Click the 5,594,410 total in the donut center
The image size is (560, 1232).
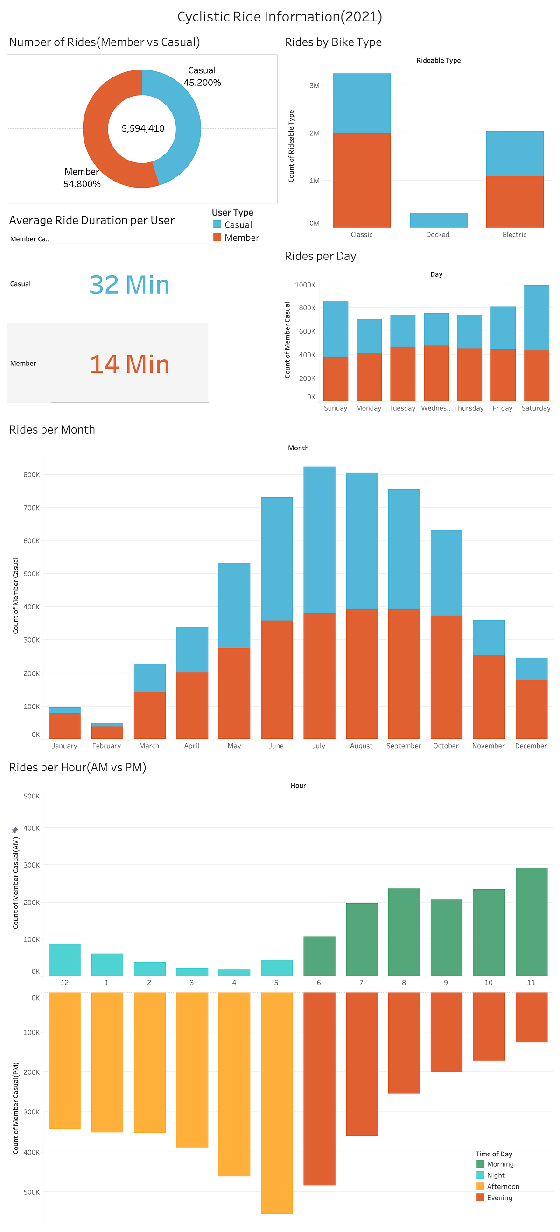[x=142, y=129]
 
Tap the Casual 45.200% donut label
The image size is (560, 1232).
[x=202, y=77]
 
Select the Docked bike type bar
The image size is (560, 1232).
[x=438, y=220]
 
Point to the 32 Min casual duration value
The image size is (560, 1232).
[x=129, y=285]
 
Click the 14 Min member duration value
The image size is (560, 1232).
[x=129, y=364]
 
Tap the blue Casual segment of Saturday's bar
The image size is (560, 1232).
[x=536, y=318]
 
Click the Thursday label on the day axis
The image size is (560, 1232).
[x=469, y=408]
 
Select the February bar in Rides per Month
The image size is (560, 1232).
[x=107, y=731]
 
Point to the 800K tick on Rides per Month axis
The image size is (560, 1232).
[x=32, y=475]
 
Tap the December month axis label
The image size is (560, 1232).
[x=530, y=746]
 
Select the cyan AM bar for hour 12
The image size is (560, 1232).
[x=64, y=959]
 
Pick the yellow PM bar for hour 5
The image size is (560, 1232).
[x=276, y=1102]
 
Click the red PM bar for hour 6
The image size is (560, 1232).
[x=319, y=1088]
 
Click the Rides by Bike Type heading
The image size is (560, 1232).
[x=333, y=42]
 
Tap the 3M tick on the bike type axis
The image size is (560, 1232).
[x=314, y=85]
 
